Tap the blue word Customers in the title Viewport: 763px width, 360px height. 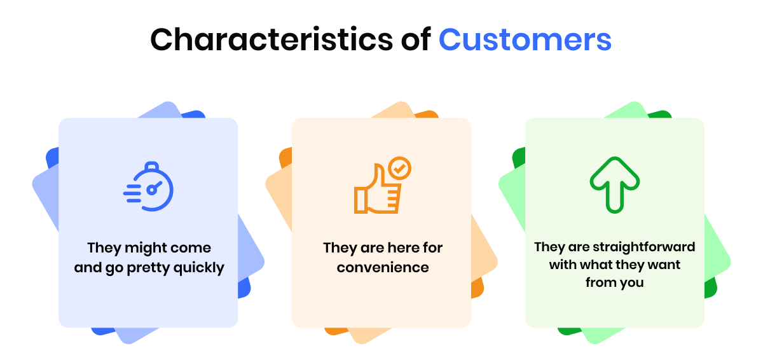(525, 40)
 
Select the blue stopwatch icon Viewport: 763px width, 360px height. (151, 186)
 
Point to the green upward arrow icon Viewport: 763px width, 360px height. (614, 184)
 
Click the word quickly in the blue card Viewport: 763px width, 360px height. (198, 268)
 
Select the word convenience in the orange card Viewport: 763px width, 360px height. (383, 268)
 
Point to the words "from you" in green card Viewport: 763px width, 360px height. (614, 282)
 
